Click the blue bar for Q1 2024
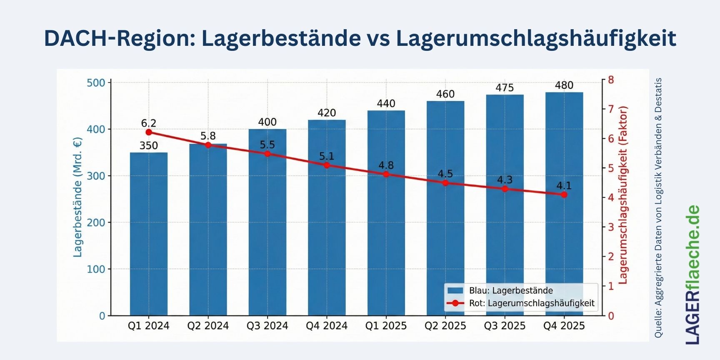[149, 233]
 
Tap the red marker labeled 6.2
[149, 132]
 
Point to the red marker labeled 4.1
[564, 195]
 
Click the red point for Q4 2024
[327, 165]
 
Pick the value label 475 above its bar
[505, 88]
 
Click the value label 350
[149, 146]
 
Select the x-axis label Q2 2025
[445, 326]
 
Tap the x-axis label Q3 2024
[267, 326]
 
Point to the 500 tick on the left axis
[96, 83]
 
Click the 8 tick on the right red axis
[611, 80]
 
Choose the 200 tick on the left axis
[96, 222]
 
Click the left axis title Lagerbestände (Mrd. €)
[78, 197]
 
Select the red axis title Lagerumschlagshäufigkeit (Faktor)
[623, 195]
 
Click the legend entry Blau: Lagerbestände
[511, 291]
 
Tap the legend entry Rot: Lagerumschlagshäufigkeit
[532, 303]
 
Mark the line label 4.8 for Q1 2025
[386, 165]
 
